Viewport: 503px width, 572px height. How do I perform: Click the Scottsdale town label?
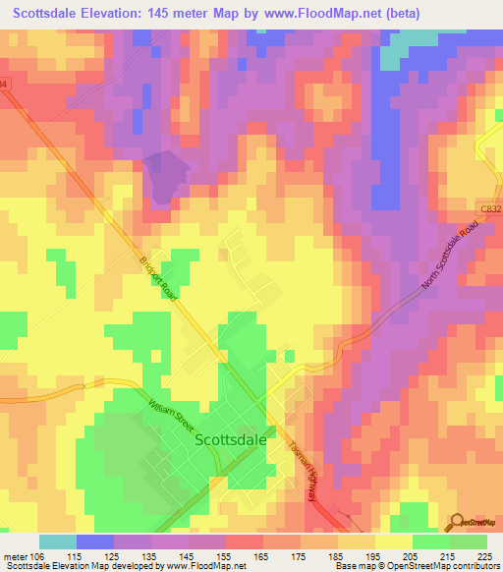[x=231, y=441]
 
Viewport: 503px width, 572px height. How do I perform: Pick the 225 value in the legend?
[x=484, y=556]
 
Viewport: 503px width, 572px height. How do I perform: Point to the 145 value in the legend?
[x=189, y=556]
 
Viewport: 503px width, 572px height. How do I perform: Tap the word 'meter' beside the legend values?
[x=16, y=556]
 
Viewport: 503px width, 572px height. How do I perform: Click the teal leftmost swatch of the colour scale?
[x=58, y=542]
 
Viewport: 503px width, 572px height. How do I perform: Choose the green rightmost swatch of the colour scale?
[x=469, y=542]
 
